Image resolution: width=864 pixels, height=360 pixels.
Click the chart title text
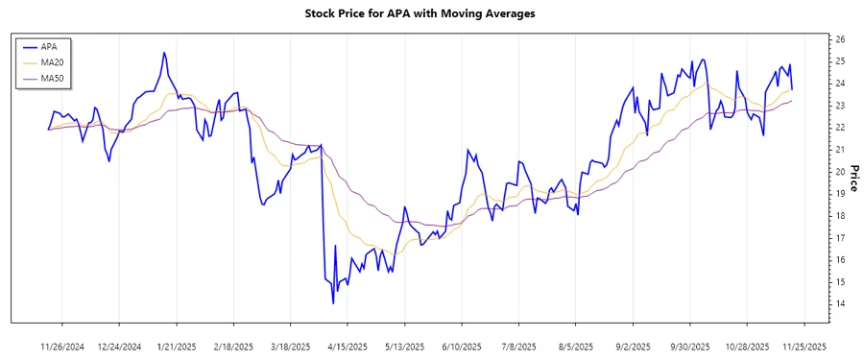tap(432, 14)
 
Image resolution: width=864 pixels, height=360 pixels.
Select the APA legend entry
tap(49, 46)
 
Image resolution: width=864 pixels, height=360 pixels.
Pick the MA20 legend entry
tap(52, 61)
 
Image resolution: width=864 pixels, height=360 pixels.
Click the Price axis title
tap(852, 178)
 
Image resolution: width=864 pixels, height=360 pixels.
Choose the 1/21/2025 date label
tap(177, 346)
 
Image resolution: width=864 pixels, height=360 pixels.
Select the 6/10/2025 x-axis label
tap(461, 346)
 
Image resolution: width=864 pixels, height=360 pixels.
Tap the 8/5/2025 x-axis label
tap(575, 346)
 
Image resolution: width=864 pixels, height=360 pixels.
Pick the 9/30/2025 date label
tap(689, 346)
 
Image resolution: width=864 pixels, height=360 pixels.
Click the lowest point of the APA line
tap(333, 303)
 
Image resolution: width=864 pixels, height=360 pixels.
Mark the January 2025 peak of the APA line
tap(164, 53)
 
